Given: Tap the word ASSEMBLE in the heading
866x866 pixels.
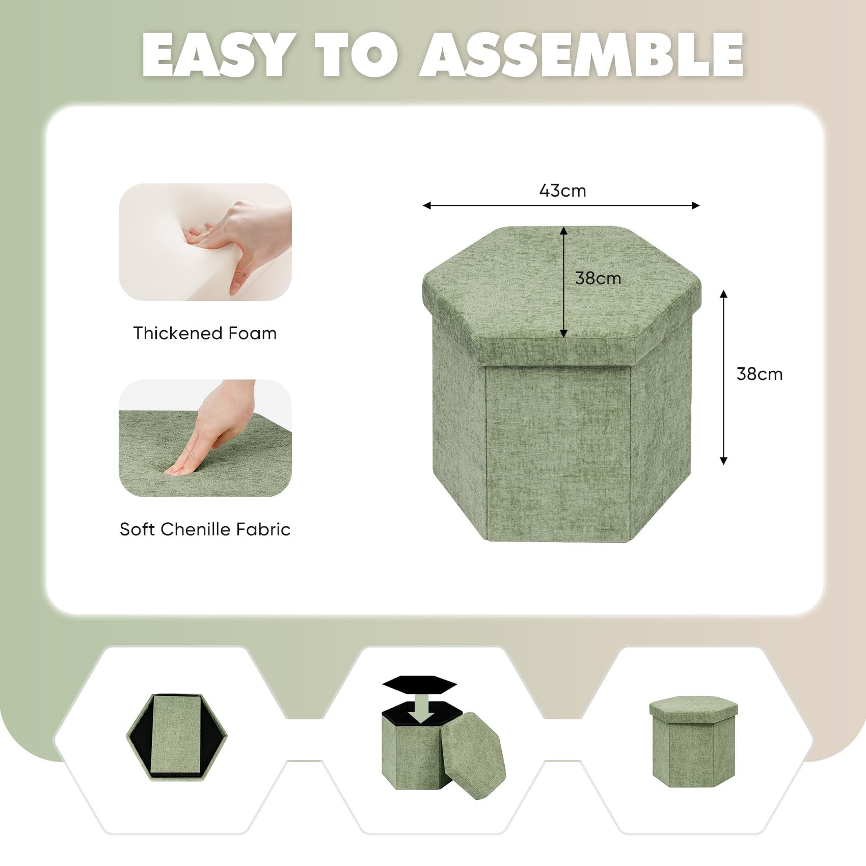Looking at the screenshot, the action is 581,55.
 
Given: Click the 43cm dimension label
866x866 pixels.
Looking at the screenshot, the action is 562,191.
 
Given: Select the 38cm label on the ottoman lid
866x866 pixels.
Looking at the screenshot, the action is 598,278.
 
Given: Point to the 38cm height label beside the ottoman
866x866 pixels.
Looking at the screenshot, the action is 759,374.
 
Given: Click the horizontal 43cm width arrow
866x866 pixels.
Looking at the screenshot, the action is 561,205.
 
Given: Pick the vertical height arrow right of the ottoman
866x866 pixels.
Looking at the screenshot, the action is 723,377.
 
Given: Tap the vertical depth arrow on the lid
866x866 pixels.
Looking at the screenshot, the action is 563,282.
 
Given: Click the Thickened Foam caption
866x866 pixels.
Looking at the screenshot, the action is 205,333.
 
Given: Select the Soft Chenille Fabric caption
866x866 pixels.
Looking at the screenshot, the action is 205,529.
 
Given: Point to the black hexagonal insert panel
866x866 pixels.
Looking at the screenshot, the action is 420,684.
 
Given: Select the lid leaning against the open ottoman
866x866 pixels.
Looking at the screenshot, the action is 472,755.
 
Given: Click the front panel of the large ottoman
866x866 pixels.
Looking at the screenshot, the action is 558,451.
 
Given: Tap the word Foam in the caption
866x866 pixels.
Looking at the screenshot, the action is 252,333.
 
